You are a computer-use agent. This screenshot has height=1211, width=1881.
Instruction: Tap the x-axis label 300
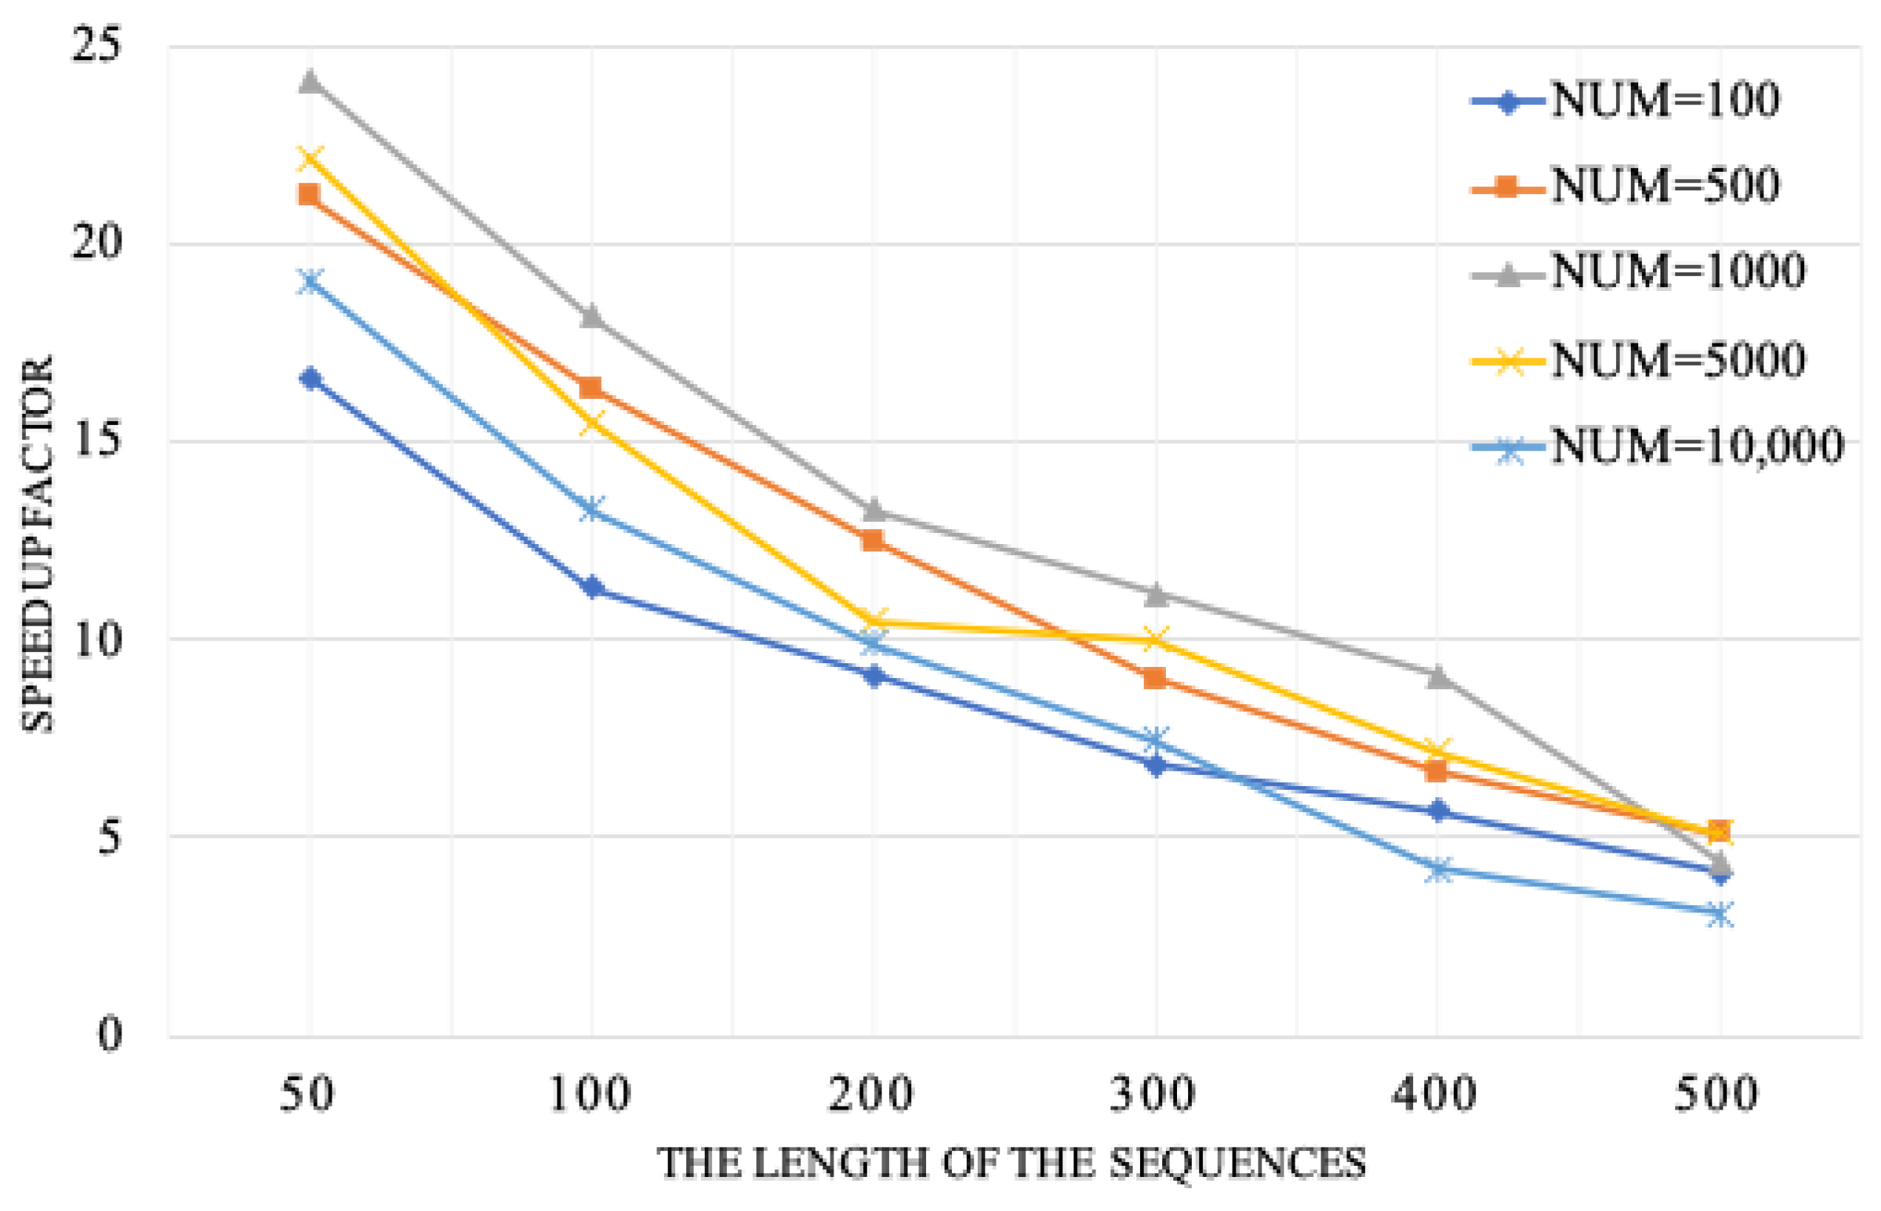tap(1153, 1095)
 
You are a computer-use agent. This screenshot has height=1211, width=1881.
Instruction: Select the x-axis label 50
tap(308, 1095)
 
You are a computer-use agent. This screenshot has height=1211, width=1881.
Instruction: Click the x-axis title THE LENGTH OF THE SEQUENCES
tap(1012, 1164)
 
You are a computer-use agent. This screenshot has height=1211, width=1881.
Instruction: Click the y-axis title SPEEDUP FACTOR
tap(38, 544)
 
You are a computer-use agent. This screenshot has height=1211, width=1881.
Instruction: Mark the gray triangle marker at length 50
tap(310, 81)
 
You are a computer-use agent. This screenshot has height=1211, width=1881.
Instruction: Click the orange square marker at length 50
tap(309, 193)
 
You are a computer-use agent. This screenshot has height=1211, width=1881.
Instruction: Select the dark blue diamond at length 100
tap(591, 587)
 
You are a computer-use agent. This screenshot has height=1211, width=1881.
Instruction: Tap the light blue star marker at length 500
tap(1719, 913)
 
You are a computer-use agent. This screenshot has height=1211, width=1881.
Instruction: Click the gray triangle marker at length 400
tap(1438, 676)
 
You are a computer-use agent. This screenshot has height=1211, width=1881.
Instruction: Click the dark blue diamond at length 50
tap(311, 379)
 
